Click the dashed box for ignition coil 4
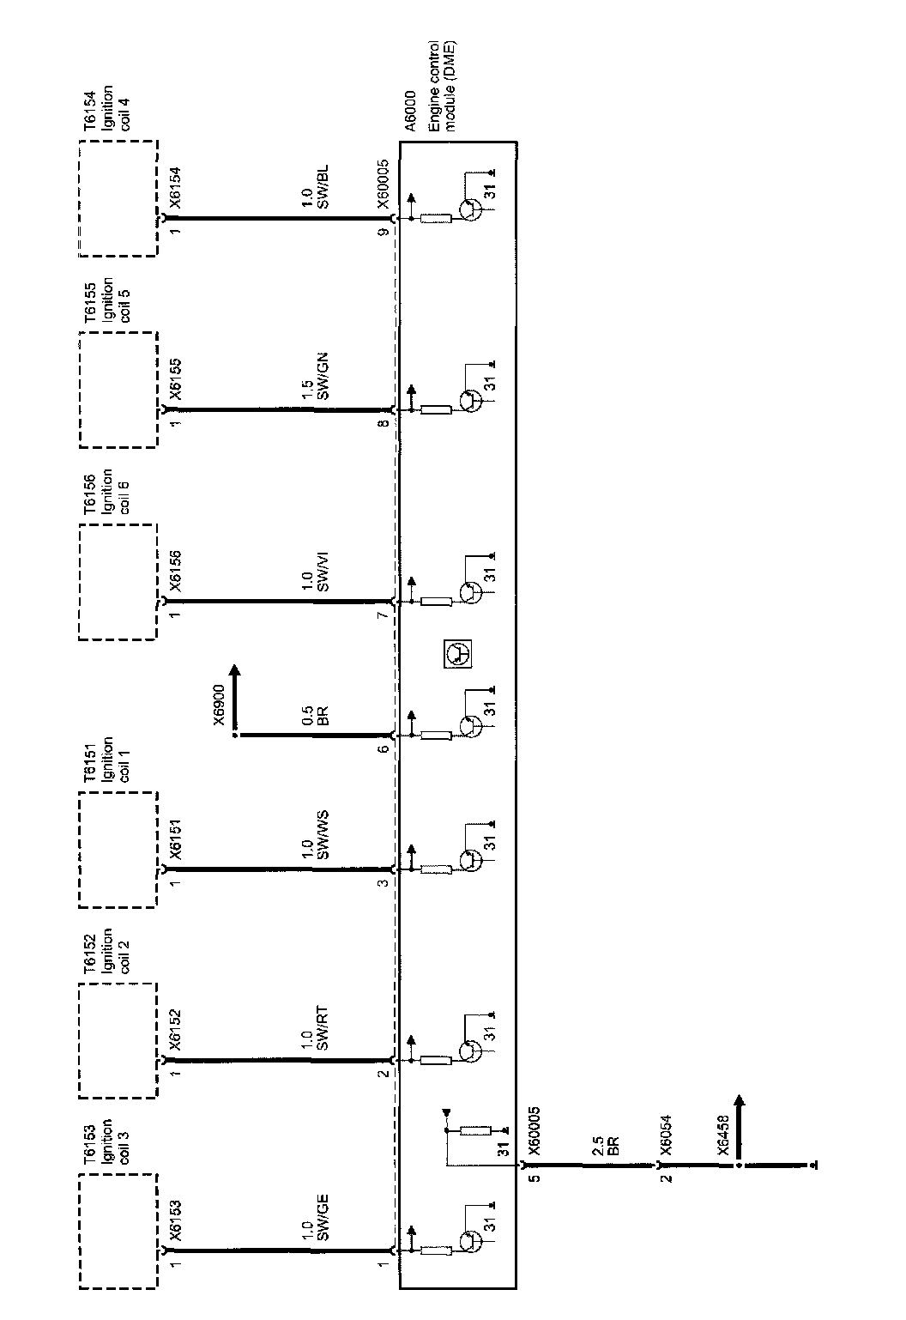pyautogui.click(x=118, y=198)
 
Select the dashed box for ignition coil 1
pyautogui.click(x=118, y=850)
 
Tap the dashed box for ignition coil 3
pyautogui.click(x=118, y=1232)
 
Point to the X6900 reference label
pyautogui.click(x=220, y=706)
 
